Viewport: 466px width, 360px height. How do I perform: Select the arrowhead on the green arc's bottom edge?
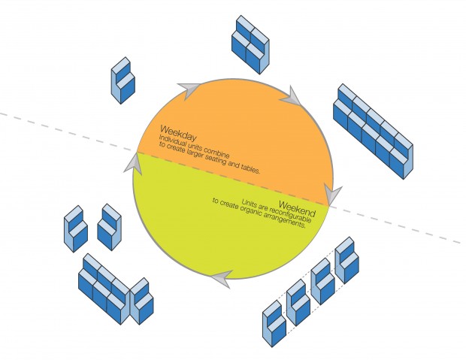(x=218, y=277)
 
